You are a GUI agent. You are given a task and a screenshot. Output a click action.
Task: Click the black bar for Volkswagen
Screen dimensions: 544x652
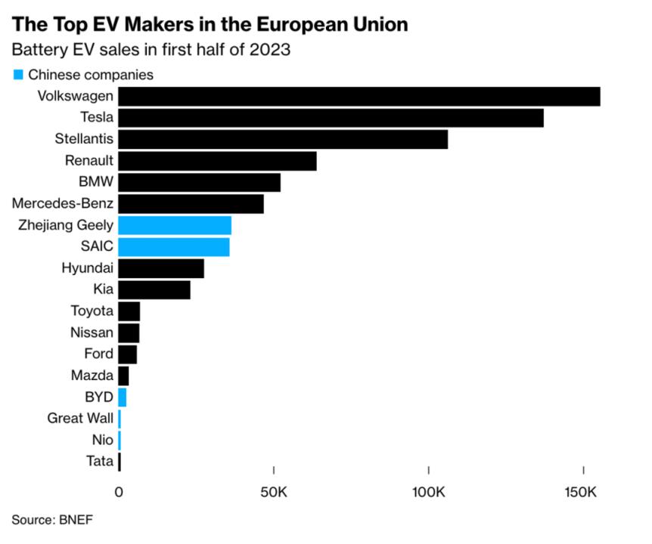click(359, 97)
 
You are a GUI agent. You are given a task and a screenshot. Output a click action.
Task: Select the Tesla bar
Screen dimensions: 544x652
click(331, 118)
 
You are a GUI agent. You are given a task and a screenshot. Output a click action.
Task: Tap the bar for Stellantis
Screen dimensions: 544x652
click(282, 140)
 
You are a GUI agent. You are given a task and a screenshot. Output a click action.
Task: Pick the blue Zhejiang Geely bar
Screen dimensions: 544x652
click(175, 225)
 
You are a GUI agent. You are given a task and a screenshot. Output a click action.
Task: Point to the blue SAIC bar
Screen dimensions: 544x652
click(174, 247)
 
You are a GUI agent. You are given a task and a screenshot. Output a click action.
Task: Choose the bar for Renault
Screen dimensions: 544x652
click(217, 161)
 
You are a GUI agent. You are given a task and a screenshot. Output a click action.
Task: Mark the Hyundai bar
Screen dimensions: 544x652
click(161, 268)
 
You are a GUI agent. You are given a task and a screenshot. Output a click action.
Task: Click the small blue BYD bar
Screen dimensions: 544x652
click(123, 397)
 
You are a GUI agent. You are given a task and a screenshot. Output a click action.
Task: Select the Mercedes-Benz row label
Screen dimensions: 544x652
click(64, 203)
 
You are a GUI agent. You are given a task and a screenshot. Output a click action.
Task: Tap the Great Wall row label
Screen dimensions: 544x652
click(80, 418)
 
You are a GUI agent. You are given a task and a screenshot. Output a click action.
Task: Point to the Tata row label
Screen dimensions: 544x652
click(100, 461)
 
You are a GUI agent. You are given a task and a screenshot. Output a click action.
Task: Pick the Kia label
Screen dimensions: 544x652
click(103, 289)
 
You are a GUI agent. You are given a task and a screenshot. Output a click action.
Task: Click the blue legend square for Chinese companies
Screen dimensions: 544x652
click(17, 75)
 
